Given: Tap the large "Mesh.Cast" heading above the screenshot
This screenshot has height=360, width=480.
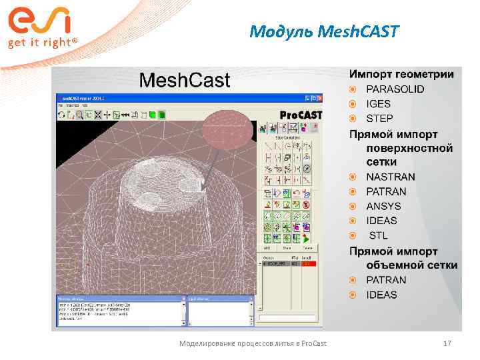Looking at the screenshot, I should pyautogui.click(x=184, y=81).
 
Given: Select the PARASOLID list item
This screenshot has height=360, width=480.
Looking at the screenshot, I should pyautogui.click(x=395, y=89).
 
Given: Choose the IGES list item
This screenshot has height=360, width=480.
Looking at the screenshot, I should pyautogui.click(x=378, y=104).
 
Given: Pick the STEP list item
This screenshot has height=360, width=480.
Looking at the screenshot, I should pyautogui.click(x=379, y=119).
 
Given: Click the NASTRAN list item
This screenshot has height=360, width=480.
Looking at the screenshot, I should pyautogui.click(x=390, y=177).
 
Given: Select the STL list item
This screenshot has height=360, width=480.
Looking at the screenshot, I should pyautogui.click(x=378, y=235).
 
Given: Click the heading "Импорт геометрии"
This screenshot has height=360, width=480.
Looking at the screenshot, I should pyautogui.click(x=402, y=74).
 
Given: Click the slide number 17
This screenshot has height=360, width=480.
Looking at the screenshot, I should pyautogui.click(x=447, y=343).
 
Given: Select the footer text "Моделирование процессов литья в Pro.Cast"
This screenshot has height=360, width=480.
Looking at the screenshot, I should pyautogui.click(x=253, y=343).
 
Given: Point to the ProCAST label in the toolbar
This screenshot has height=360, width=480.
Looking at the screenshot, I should pyautogui.click(x=300, y=115).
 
